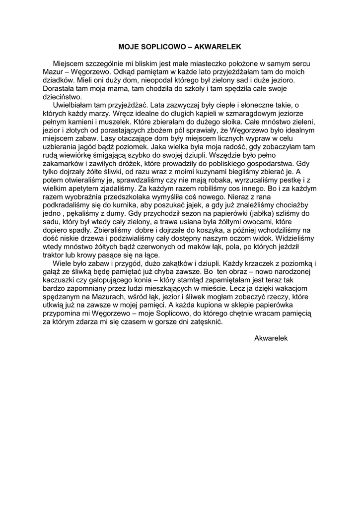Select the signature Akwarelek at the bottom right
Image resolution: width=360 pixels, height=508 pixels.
(271, 338)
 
